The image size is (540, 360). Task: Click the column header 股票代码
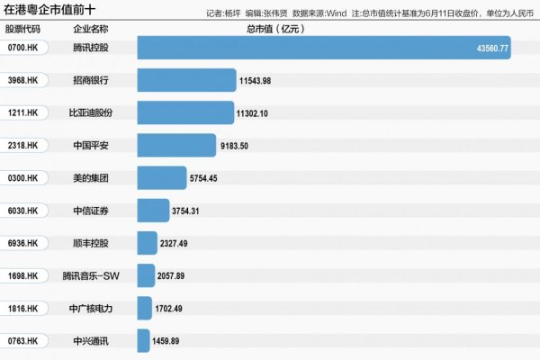point(22,29)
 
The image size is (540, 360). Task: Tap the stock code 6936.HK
point(22,243)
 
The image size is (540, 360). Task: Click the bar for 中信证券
point(152,211)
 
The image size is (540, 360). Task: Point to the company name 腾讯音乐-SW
point(91,275)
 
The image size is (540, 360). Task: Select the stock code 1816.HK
point(22,308)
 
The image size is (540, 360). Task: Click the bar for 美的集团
point(162,178)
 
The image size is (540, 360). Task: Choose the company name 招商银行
point(91,80)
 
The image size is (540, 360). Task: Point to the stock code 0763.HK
point(22,341)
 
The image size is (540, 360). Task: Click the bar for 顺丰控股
point(148,243)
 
